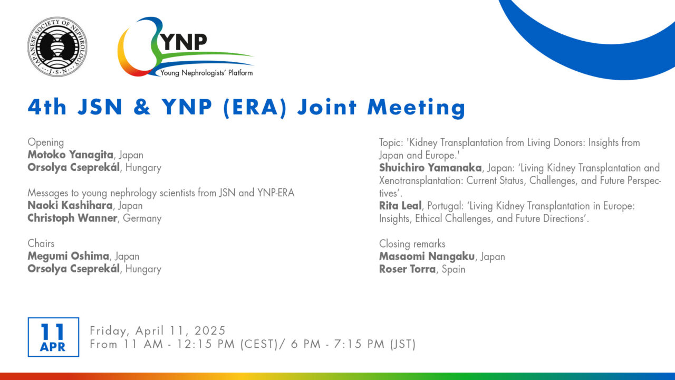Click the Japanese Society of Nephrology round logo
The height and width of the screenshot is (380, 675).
[x=57, y=47]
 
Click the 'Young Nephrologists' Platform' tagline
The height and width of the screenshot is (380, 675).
[x=206, y=73]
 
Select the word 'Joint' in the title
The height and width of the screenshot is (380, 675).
[x=327, y=107]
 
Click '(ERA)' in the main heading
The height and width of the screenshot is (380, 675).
[x=255, y=108]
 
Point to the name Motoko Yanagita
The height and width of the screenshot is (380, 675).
[x=71, y=155]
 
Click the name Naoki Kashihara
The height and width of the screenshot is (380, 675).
[x=70, y=205]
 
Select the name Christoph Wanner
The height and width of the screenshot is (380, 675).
[x=72, y=218]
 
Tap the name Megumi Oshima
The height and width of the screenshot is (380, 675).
[x=69, y=256]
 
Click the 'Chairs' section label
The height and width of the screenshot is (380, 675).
[x=41, y=243]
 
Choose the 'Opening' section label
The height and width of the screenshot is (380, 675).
[x=46, y=142]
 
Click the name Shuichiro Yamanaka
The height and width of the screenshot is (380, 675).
[x=430, y=167]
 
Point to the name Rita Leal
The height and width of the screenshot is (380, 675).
[x=400, y=206]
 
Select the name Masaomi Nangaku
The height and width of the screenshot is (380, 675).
[x=427, y=256]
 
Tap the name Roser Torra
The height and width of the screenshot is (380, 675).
[x=408, y=269]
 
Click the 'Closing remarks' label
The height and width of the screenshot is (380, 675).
[x=412, y=244]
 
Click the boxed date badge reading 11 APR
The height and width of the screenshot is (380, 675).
[x=53, y=337]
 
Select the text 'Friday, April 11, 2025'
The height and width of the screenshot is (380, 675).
[x=158, y=331]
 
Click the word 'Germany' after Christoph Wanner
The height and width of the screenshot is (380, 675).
[x=142, y=218]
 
